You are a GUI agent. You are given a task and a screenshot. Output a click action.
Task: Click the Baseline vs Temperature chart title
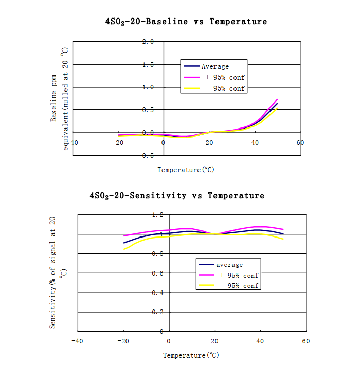(x=186, y=22)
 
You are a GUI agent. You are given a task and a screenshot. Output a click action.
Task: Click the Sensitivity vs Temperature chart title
(x=177, y=196)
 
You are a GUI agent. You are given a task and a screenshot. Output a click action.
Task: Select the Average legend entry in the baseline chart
(x=215, y=66)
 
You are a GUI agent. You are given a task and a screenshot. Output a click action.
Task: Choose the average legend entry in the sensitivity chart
(x=229, y=265)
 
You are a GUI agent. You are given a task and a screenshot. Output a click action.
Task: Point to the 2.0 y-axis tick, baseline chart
(x=148, y=42)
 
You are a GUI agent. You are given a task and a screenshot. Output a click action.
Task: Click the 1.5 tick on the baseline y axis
(x=148, y=64)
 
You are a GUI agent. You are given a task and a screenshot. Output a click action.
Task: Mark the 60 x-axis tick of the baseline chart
(x=300, y=143)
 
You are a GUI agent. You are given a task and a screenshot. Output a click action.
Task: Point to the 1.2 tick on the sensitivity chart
(x=158, y=215)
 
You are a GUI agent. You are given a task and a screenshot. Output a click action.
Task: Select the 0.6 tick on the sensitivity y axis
(x=158, y=273)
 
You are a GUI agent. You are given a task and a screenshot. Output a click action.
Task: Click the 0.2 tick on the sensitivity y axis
(x=158, y=312)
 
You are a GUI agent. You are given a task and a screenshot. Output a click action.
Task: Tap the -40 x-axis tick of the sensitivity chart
(x=77, y=341)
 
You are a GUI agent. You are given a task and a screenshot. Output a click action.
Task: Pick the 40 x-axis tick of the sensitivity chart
(x=260, y=341)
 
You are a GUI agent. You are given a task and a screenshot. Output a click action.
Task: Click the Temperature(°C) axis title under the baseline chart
(x=186, y=170)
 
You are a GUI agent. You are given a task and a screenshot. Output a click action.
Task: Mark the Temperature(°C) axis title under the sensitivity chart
(x=191, y=355)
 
